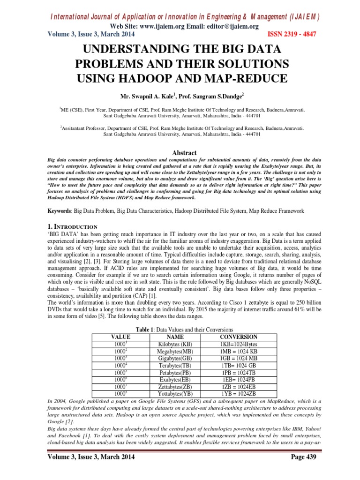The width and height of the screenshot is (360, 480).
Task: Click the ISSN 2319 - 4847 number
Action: (292, 34)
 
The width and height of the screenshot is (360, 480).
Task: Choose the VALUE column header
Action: (120, 337)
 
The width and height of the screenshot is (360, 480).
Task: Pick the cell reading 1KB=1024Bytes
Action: (238, 344)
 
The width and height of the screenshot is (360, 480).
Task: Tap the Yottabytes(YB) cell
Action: (174, 394)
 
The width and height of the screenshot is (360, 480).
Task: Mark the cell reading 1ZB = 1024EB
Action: (238, 387)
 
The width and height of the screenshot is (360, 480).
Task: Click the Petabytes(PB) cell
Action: (174, 373)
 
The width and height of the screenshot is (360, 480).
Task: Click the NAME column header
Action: (174, 337)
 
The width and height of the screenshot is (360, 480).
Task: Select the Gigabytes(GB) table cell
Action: (174, 358)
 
